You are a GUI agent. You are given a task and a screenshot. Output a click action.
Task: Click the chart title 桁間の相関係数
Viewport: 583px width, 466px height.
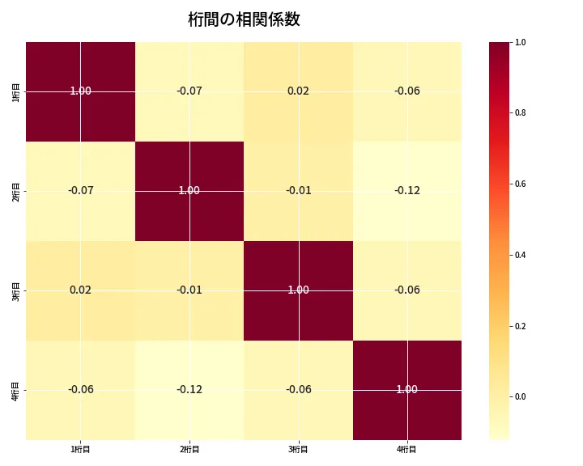244,19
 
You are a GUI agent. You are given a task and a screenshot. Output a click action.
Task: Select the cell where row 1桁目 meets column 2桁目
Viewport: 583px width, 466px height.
189,91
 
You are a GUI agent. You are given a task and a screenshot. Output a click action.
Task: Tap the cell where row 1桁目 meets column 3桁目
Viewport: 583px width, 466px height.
298,91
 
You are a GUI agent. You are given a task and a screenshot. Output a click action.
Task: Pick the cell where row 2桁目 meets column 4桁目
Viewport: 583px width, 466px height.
407,191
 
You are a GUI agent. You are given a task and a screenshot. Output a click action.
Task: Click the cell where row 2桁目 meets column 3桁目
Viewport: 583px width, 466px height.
298,191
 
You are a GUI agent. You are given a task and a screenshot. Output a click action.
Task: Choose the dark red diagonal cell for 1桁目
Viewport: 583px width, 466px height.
80,91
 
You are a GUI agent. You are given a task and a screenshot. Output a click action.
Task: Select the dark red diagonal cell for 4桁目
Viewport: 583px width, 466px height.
407,390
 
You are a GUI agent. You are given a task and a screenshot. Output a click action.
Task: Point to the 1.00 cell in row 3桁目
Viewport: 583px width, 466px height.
298,290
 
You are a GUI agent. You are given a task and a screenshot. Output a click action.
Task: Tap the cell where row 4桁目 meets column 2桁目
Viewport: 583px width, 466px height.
189,390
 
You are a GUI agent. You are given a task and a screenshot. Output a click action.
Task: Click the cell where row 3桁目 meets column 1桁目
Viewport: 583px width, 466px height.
80,290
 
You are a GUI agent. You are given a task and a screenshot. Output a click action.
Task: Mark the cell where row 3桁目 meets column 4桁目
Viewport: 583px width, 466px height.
407,290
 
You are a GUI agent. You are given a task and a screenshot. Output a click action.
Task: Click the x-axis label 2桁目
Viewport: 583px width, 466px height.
189,449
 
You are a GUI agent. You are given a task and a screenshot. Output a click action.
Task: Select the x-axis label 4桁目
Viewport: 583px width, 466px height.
407,449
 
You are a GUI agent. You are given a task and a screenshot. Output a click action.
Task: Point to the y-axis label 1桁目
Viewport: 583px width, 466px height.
17,91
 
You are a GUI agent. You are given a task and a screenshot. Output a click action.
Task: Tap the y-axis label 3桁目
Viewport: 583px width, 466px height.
17,290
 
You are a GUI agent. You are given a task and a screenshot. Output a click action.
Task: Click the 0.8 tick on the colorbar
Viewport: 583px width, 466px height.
521,112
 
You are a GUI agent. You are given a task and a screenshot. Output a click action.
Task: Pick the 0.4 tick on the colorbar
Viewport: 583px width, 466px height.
521,255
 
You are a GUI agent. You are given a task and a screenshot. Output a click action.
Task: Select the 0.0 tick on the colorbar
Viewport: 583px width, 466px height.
521,397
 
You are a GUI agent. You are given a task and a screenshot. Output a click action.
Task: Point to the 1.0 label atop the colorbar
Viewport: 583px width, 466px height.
521,42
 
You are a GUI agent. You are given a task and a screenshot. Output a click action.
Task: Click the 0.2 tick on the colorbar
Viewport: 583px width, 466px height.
521,326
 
